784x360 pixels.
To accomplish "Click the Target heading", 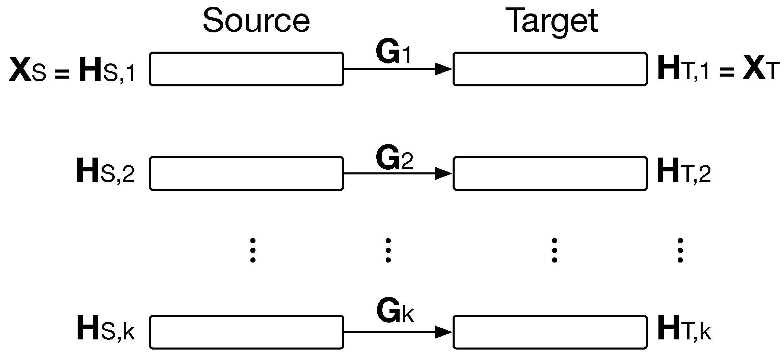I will click(553, 21).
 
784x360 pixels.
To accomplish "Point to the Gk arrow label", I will click(395, 312).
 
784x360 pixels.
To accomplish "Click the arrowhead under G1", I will click(443, 69).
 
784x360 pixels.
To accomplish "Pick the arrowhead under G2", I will click(443, 173).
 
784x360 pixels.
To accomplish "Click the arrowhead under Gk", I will click(443, 332).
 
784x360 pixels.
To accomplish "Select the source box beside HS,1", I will click(246, 69).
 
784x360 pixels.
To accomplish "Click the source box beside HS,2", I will click(246, 173).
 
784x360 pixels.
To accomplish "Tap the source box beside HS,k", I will click(246, 332).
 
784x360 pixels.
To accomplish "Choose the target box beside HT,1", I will click(550, 69).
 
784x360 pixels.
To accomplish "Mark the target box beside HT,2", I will click(550, 173).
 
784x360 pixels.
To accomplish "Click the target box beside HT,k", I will click(550, 332).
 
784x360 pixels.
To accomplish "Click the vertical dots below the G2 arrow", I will click(388, 250).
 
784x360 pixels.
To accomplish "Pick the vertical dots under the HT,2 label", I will click(680, 250).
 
